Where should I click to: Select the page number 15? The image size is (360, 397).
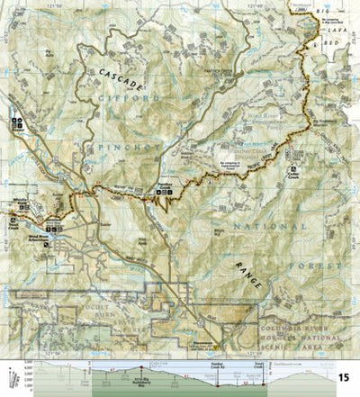pyautogui.click(x=344, y=375)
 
